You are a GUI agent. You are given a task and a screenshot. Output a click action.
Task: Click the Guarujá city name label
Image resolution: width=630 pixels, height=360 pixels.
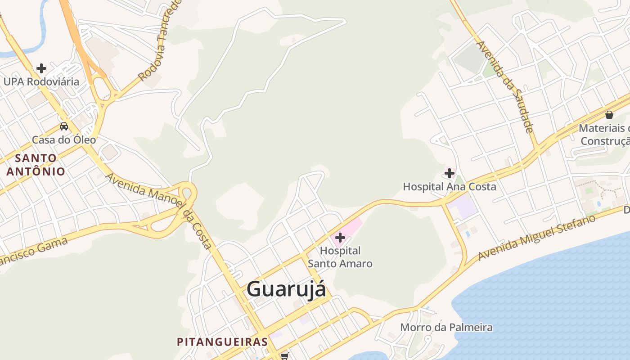[x=286, y=289]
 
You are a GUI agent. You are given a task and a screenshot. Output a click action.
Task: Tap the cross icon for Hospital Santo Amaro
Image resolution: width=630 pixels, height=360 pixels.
[x=340, y=237]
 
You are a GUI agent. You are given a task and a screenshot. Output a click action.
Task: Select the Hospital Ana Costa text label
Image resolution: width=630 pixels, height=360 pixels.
[x=449, y=186]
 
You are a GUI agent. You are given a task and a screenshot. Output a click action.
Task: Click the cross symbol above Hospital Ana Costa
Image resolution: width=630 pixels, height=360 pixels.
[x=449, y=173]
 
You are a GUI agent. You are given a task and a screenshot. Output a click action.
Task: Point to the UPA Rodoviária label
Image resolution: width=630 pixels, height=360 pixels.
[x=41, y=81]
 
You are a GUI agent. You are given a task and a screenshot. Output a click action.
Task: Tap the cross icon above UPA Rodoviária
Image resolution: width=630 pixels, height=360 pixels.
[x=41, y=68]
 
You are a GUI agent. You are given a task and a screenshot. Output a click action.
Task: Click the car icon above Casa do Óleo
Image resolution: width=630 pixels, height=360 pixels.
[x=64, y=126]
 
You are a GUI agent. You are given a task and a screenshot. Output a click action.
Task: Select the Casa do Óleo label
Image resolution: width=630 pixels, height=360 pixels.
[x=64, y=139]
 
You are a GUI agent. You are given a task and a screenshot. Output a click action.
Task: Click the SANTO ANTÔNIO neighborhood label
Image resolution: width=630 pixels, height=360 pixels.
[x=36, y=165]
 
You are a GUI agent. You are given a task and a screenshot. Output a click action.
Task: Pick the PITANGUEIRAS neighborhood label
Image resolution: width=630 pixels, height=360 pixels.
[x=222, y=342]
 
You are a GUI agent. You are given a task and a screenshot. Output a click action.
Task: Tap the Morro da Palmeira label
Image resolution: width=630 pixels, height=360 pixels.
[x=446, y=327]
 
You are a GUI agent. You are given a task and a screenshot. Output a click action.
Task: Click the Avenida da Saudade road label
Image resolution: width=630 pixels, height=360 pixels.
[x=505, y=86]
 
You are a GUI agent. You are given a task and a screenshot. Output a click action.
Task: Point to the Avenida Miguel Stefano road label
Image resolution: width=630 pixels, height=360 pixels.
[x=537, y=238]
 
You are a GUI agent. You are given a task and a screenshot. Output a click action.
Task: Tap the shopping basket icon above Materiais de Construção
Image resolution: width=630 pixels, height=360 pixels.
[x=609, y=115]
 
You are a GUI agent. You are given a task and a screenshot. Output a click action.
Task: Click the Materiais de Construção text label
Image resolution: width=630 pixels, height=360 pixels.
[x=605, y=135]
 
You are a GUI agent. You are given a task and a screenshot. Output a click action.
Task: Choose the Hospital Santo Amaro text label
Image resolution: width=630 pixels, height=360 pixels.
[x=340, y=257]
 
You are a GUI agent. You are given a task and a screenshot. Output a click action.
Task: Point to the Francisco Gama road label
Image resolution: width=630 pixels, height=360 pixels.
[x=34, y=252]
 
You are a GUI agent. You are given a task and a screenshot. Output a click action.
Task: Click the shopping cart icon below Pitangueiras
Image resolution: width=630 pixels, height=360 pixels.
[x=284, y=356]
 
